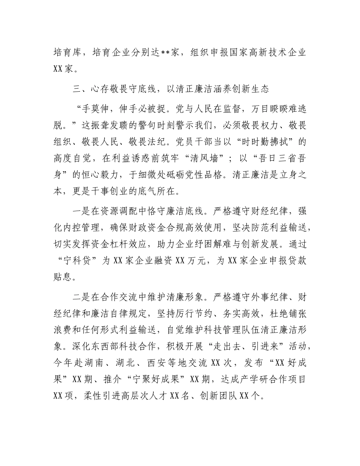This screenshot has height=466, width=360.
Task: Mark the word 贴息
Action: pos(62,277)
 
